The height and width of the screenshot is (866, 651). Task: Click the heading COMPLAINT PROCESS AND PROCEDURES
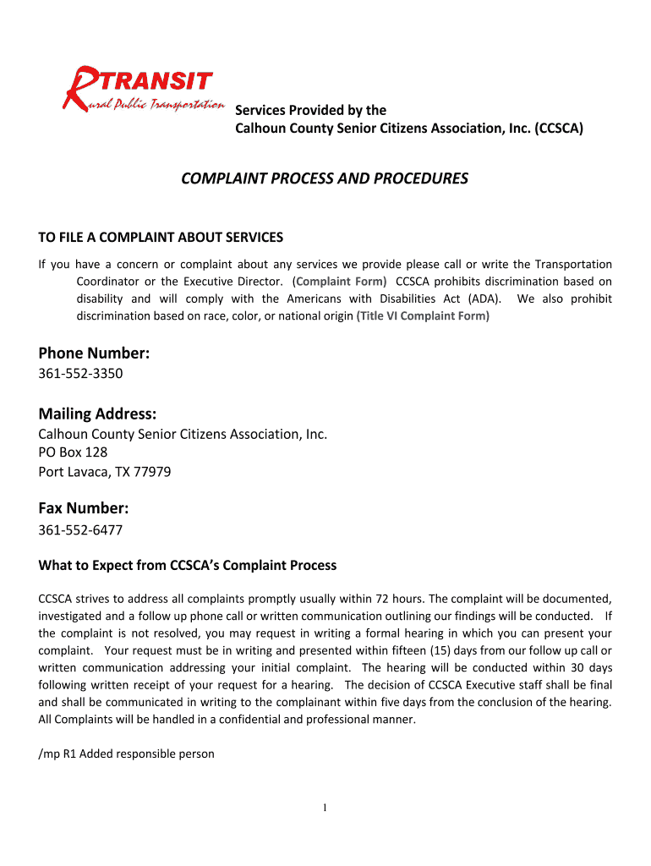pos(325,178)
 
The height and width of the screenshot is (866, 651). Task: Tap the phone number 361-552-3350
pos(81,373)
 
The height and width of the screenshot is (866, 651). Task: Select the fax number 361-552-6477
pos(81,529)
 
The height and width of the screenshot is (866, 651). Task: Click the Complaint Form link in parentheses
pos(340,281)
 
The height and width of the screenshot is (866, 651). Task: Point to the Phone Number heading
pos(94,354)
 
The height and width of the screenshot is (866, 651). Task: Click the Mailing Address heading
pos(97,414)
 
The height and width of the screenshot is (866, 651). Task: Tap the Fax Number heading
pos(84,508)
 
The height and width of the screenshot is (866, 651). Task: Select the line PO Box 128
pos(74,452)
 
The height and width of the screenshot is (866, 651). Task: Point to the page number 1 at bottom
pos(325,808)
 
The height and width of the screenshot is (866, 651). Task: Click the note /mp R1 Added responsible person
pos(127,754)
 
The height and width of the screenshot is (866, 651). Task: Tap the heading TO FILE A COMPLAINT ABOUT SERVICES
pos(161,237)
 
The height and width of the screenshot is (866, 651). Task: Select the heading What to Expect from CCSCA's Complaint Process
pos(188,565)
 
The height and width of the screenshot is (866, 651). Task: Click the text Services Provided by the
pos(310,110)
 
